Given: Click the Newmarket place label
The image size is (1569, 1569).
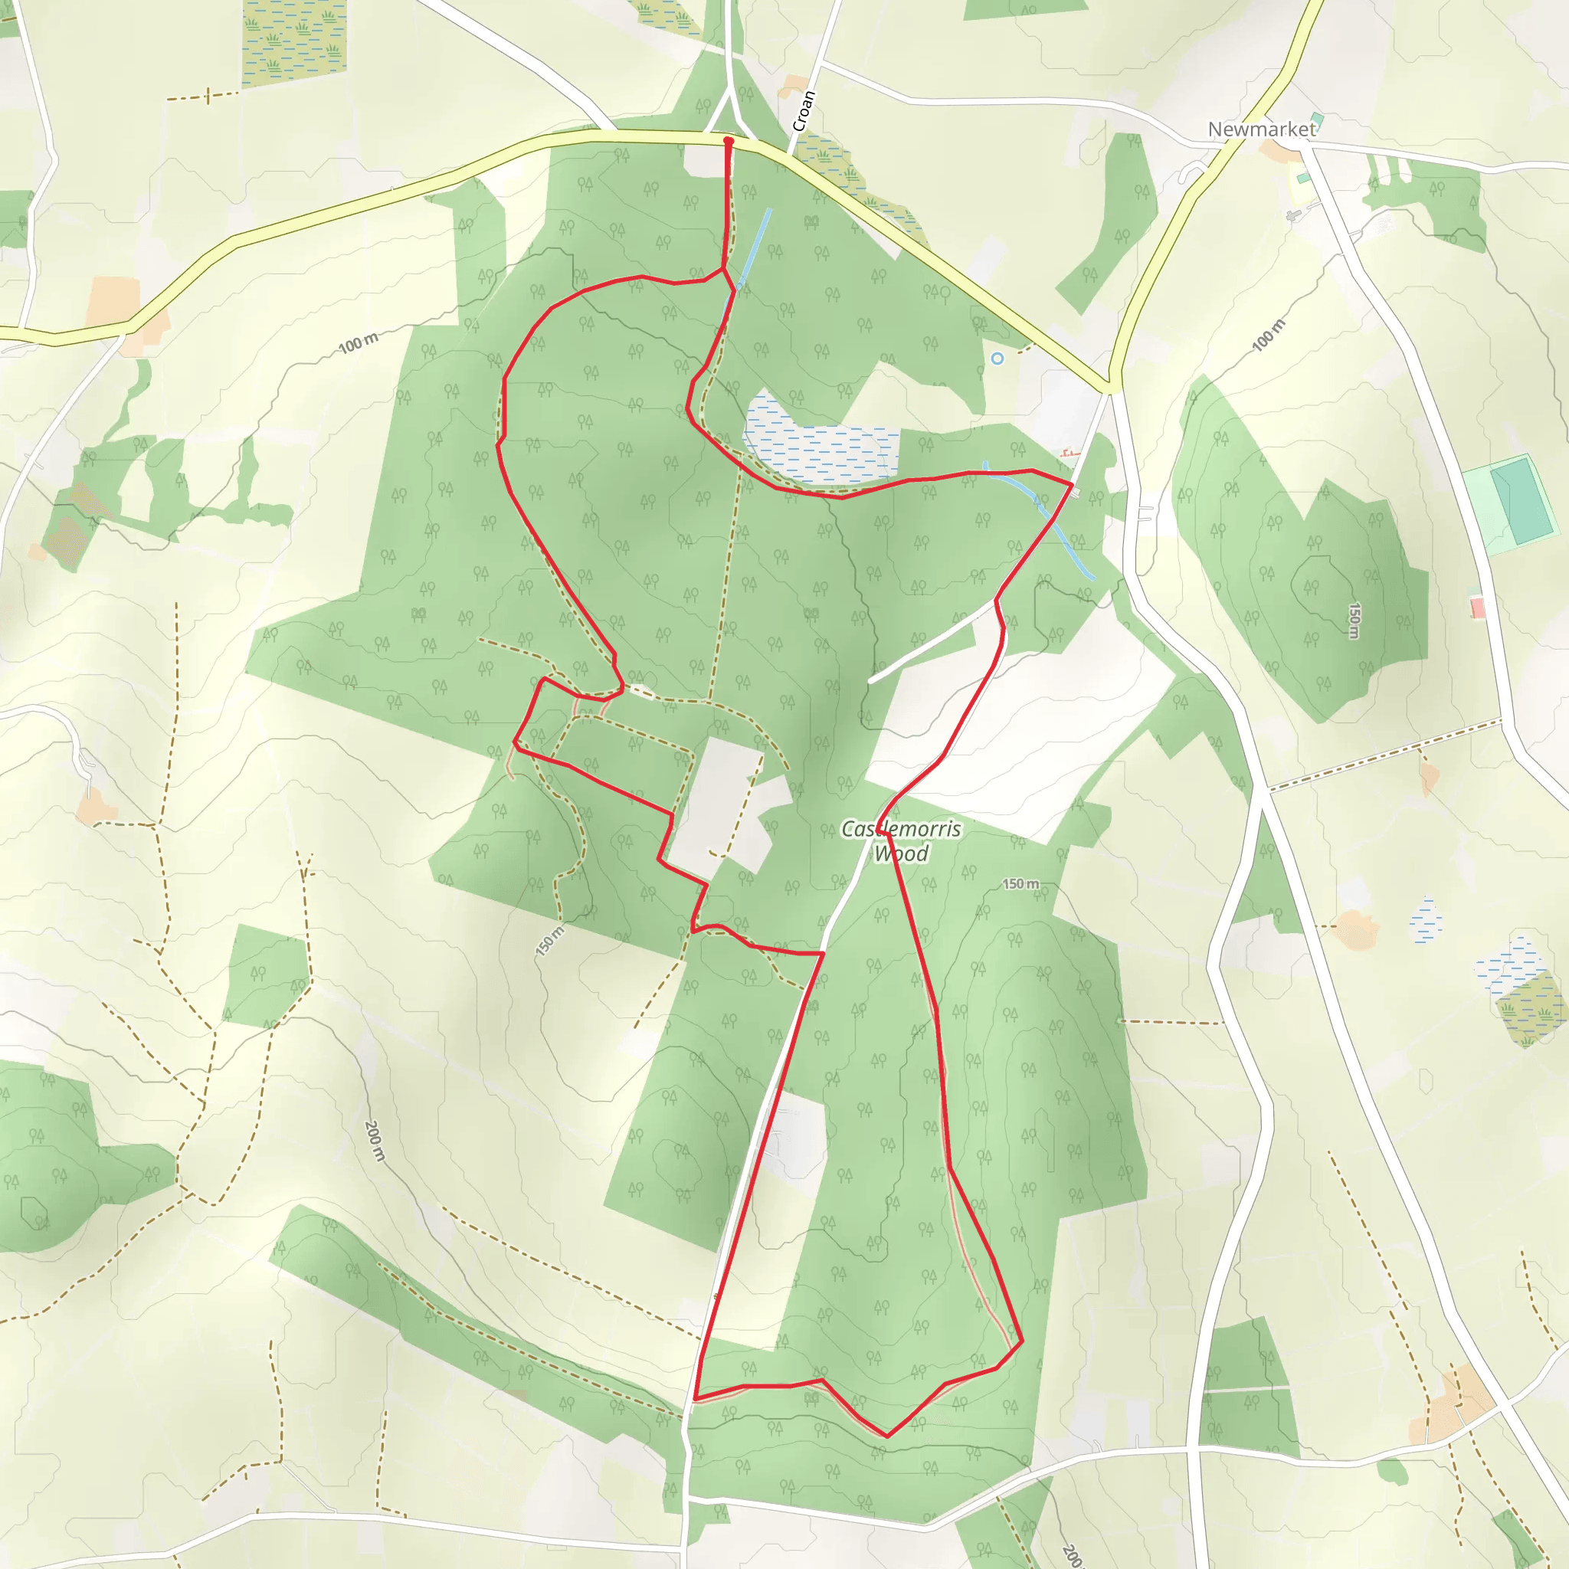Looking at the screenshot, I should click(1260, 129).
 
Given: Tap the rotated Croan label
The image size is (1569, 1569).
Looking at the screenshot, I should click(803, 111).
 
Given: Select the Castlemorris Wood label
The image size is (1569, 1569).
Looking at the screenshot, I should click(901, 840).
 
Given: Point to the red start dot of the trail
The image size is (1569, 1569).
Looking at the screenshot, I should click(729, 141).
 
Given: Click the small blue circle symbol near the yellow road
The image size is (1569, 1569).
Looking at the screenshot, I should click(997, 358).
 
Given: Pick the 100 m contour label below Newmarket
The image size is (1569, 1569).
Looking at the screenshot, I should click(1269, 336).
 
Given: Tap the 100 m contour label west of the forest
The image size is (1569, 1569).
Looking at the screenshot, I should click(358, 343).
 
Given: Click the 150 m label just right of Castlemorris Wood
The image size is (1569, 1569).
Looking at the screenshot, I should click(1020, 883).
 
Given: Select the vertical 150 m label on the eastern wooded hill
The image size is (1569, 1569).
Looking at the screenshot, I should click(1354, 621).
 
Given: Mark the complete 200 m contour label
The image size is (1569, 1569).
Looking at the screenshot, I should click(374, 1141).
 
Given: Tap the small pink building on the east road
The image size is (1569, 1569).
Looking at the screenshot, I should click(1477, 608).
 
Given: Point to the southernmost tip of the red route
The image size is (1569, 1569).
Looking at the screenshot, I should click(887, 1436).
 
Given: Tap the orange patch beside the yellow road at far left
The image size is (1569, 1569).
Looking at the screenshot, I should click(113, 301).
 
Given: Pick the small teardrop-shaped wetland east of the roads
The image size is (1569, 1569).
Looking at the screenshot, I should click(1425, 922).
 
